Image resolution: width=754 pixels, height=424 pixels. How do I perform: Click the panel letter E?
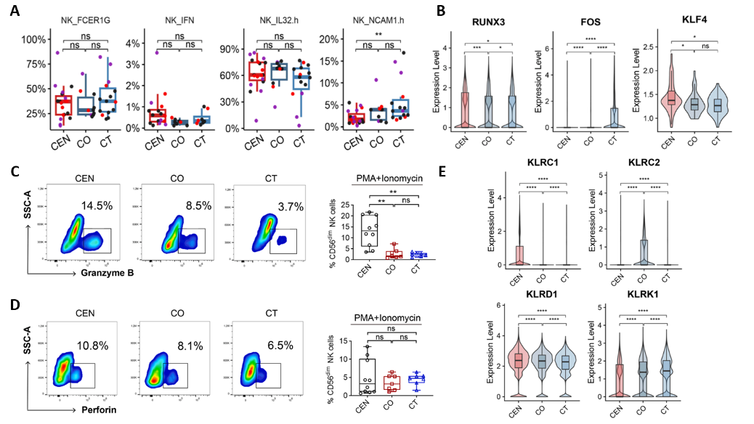click(x=482, y=174)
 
